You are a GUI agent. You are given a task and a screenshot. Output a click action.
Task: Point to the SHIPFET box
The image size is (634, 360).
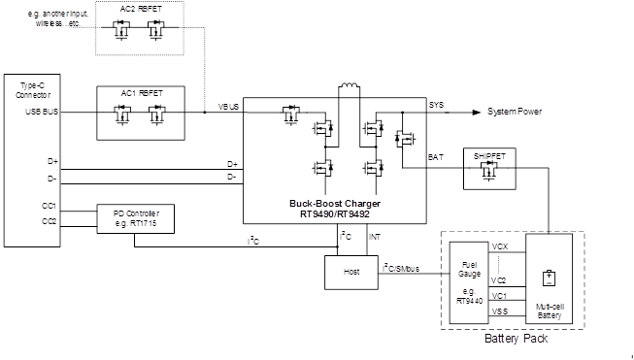click(x=490, y=170)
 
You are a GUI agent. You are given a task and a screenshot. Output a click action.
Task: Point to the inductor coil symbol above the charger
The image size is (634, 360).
click(x=349, y=90)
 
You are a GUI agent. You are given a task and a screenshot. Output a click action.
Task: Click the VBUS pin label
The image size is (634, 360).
click(x=228, y=105)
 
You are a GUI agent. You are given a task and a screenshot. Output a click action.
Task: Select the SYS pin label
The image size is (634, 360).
click(x=436, y=105)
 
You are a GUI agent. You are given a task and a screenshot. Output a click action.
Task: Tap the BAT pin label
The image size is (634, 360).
click(x=436, y=156)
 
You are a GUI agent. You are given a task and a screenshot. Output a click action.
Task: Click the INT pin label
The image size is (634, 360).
click(x=374, y=236)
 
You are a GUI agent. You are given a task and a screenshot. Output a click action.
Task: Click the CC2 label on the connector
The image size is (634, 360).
click(x=50, y=221)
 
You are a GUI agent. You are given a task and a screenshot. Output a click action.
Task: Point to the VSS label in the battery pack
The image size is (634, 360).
click(x=500, y=311)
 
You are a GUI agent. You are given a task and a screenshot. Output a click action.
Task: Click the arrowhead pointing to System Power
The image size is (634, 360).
click(x=477, y=113)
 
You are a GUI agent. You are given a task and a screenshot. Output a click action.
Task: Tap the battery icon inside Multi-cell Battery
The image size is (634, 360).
click(x=549, y=278)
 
